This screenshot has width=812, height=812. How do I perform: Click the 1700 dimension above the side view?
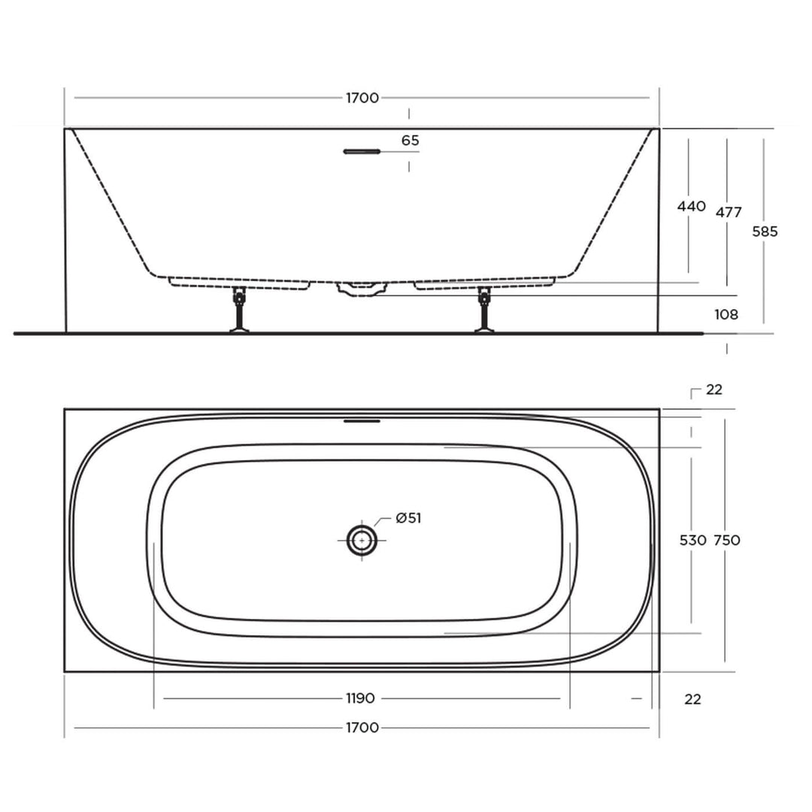[362, 98]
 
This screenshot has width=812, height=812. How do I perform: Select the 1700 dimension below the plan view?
[362, 727]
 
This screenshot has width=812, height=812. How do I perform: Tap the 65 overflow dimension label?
[410, 141]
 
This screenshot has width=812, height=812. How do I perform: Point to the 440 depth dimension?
[691, 206]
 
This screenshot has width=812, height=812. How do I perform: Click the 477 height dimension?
[729, 212]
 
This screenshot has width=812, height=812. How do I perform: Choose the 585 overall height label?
[765, 232]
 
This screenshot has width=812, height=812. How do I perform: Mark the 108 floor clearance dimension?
[726, 314]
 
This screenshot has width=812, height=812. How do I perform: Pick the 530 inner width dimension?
[692, 540]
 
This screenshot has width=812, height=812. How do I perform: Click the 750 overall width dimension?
[726, 540]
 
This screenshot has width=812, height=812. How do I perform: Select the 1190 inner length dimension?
[360, 698]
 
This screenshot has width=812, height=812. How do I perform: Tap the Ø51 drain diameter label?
[408, 518]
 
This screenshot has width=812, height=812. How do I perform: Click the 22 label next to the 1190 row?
[692, 699]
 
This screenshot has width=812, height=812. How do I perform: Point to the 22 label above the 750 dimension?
[714, 389]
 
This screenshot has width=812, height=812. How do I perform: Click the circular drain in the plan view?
[362, 541]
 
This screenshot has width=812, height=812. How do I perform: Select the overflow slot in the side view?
[362, 152]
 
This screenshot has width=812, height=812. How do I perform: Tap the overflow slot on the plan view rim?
[362, 421]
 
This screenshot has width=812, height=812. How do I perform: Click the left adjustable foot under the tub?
[239, 310]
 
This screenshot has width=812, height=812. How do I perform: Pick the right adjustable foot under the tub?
[484, 310]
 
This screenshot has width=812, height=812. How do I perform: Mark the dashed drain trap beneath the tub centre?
[362, 289]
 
